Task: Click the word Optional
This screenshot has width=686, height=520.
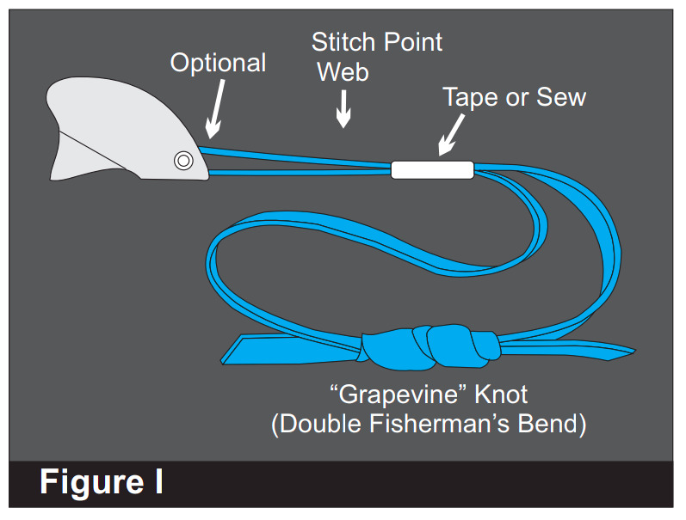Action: coord(218,63)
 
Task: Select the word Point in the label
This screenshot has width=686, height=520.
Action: coord(412,41)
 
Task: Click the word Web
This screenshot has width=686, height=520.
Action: coord(343,71)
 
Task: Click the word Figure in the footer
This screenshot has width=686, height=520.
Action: coord(90,483)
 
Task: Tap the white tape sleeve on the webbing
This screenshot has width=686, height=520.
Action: coord(432,169)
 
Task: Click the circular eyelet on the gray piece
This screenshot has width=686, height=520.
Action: coord(182,160)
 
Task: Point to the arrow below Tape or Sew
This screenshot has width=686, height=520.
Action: coord(449,135)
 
